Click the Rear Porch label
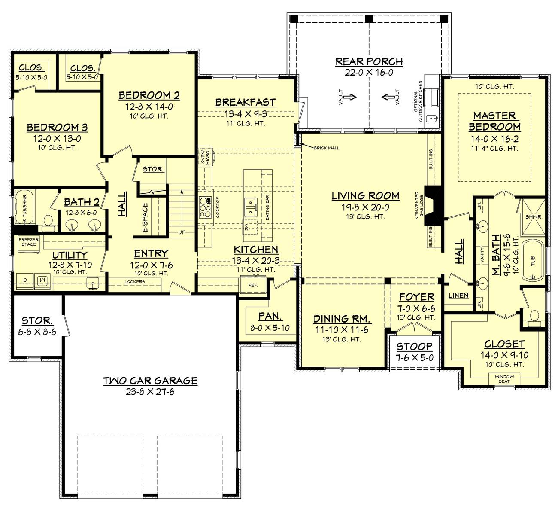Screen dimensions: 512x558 (369, 61)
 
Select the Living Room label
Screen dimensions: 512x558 (365, 196)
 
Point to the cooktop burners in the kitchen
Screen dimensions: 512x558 (205, 207)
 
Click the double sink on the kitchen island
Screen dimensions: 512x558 (250, 207)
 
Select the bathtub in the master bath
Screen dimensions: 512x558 (532, 261)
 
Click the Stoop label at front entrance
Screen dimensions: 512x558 (414, 347)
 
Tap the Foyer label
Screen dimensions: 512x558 (416, 297)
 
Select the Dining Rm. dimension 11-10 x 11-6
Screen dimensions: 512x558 (342, 330)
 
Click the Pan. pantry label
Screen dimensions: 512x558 (270, 316)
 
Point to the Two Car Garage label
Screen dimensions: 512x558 (150, 381)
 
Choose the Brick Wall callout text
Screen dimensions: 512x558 (326, 148)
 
